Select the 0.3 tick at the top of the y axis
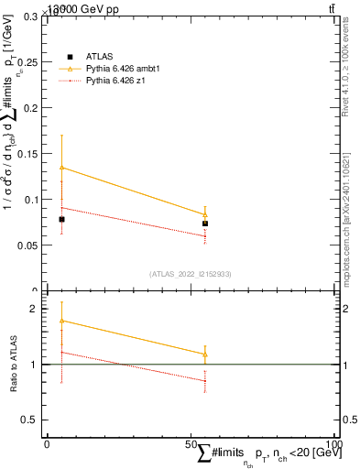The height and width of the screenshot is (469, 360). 31,16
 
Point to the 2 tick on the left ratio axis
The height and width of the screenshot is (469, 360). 34,310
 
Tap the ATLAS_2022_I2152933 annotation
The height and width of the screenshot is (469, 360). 191,273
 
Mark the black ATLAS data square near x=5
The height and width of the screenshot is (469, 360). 61,220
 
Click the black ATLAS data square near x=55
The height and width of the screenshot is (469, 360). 205,224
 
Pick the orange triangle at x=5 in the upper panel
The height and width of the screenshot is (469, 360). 61,168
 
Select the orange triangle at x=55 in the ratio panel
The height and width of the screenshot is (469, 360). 205,354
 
